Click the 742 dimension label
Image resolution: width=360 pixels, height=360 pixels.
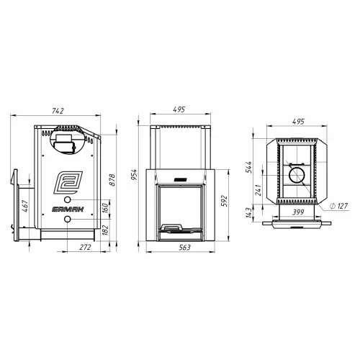coord(58,111)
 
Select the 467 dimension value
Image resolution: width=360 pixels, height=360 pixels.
coord(25,206)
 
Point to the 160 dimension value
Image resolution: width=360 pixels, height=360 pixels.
coord(105,208)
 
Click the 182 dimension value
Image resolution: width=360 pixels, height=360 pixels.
coord(105,230)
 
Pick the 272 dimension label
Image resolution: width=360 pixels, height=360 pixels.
coord(85,247)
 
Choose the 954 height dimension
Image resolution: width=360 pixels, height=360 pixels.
coord(134,174)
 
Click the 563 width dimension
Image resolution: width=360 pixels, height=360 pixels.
coord(184,248)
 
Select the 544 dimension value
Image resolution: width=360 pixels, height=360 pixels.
coord(249,167)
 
